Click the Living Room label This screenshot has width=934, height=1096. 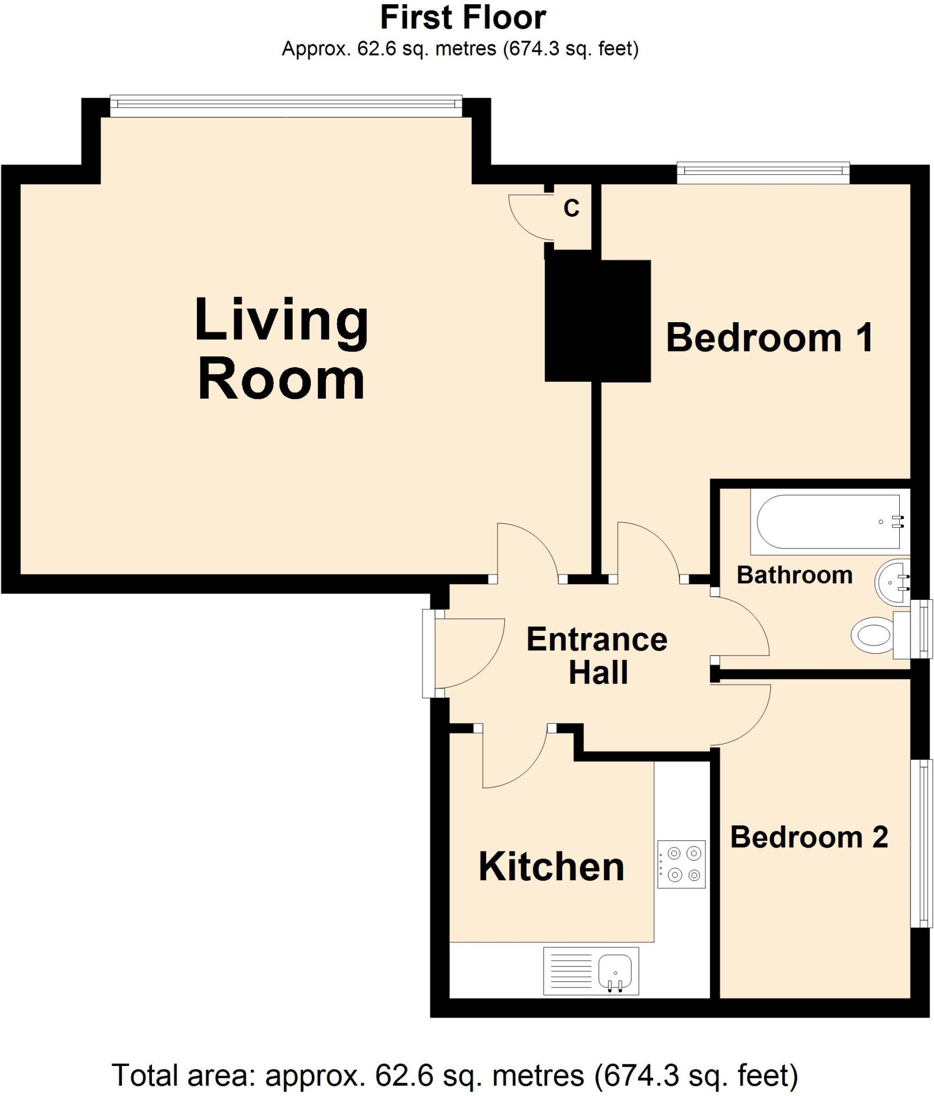point(281,349)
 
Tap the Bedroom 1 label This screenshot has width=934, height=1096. point(769,338)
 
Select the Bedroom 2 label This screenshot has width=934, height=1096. point(809,837)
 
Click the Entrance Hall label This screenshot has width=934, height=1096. point(597,656)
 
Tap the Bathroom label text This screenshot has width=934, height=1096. point(794,575)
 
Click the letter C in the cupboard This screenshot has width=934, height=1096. point(571,208)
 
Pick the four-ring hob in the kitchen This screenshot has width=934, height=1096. point(681,864)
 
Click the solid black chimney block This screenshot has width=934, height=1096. point(598,321)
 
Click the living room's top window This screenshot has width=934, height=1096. point(286,105)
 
